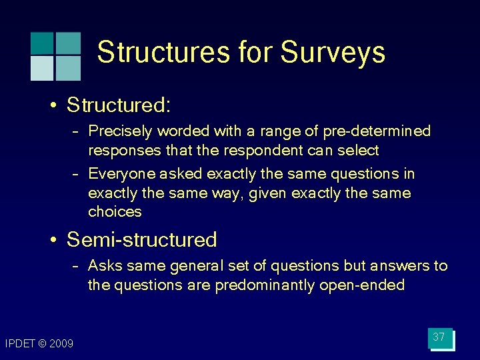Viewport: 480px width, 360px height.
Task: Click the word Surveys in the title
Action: coord(333,53)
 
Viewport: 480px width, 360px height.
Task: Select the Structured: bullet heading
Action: coord(119,105)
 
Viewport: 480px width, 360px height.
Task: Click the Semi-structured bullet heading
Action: coord(142,239)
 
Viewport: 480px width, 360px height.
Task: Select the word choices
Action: coord(115,212)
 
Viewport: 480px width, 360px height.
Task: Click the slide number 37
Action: coord(439,337)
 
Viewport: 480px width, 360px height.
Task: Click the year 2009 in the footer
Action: coord(61,344)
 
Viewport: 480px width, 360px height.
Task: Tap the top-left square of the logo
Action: coord(41,43)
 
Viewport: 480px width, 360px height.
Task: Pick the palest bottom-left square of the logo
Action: coord(41,68)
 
